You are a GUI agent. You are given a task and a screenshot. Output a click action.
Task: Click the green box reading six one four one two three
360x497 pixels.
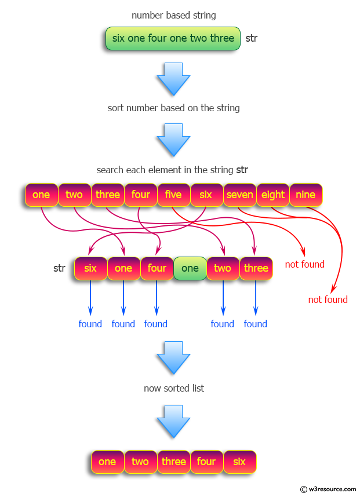point(173,38)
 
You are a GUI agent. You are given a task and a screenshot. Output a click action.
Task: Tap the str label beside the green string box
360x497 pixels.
point(252,39)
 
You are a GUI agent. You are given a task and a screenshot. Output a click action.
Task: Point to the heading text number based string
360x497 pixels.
point(173,14)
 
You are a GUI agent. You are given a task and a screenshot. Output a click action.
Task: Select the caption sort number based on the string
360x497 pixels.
point(173,108)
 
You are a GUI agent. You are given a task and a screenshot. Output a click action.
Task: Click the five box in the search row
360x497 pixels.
point(173,195)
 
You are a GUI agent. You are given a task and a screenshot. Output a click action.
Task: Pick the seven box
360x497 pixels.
point(239,195)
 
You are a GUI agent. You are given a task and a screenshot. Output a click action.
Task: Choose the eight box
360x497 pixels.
point(272,195)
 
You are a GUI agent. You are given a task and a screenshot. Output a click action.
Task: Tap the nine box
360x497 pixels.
point(306,195)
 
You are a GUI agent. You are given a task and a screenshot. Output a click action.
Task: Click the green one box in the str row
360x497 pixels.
point(190,268)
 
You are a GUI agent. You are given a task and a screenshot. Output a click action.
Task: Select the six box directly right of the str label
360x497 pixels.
point(90,268)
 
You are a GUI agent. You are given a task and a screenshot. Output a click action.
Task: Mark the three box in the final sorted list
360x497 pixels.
point(173,462)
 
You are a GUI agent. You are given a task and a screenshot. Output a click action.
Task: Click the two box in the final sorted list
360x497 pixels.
point(140,462)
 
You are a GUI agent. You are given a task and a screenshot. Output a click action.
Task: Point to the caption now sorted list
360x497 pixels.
point(173,388)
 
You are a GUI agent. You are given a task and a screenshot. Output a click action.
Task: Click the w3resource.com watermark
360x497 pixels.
point(328,489)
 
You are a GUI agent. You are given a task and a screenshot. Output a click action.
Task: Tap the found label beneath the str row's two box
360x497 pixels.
point(223,324)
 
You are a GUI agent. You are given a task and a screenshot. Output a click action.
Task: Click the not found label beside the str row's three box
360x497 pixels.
point(304,264)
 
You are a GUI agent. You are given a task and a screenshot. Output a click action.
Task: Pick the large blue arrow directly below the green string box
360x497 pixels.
point(173,78)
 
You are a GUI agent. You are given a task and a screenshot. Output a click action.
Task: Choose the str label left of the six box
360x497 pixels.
point(59,268)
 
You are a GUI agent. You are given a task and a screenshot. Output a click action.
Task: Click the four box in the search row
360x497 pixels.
point(140,195)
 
